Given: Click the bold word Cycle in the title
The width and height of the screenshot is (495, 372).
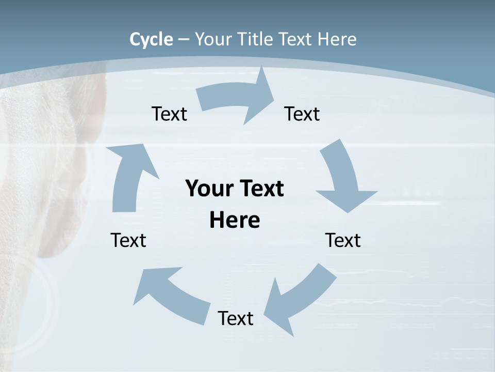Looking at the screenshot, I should [151, 39].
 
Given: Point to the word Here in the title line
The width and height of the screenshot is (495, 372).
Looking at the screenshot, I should [337, 39].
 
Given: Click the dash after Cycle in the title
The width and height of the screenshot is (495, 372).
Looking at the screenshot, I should [184, 39].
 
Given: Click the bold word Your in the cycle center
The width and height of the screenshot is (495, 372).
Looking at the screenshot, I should [209, 189].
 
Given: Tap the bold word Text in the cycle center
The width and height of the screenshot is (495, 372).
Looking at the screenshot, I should [260, 189].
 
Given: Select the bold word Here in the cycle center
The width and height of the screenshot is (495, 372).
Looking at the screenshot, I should [235, 220].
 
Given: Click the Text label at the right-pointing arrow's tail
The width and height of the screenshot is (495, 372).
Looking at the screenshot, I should [169, 114].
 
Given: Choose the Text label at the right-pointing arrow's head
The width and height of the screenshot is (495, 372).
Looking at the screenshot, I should [302, 114].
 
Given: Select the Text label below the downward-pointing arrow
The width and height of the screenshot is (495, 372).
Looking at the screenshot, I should [343, 240].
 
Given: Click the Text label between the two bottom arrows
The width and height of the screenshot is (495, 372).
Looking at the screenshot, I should [236, 318].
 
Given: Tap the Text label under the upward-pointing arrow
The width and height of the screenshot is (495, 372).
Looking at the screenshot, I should [128, 240].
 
